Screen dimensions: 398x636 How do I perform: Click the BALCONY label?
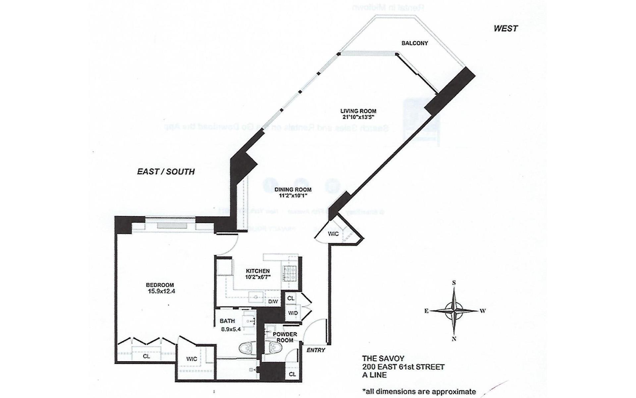tap(414, 43)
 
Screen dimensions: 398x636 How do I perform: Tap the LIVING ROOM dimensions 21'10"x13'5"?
tap(358, 117)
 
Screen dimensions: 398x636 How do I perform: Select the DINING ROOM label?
tap(293, 190)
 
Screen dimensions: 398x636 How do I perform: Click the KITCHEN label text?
tap(258, 271)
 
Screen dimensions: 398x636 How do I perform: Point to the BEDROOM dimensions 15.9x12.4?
tap(161, 292)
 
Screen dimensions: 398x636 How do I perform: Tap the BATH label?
tap(227, 321)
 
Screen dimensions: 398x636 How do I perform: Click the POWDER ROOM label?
tap(285, 337)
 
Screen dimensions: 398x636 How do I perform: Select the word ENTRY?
tap(316, 350)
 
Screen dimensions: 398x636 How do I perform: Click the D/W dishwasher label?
tap(273, 301)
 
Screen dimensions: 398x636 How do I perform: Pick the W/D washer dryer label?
tap(293, 313)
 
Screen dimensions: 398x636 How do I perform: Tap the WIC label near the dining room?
tap(333, 234)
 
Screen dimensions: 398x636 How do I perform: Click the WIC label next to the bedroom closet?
tap(191, 359)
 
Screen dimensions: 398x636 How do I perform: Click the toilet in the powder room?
tap(275, 348)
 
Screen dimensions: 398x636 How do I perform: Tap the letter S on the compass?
tap(454, 283)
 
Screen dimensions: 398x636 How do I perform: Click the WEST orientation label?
tap(505, 29)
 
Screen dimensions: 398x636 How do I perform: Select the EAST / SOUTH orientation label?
tap(166, 171)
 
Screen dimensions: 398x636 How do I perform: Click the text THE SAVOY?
tap(383, 358)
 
